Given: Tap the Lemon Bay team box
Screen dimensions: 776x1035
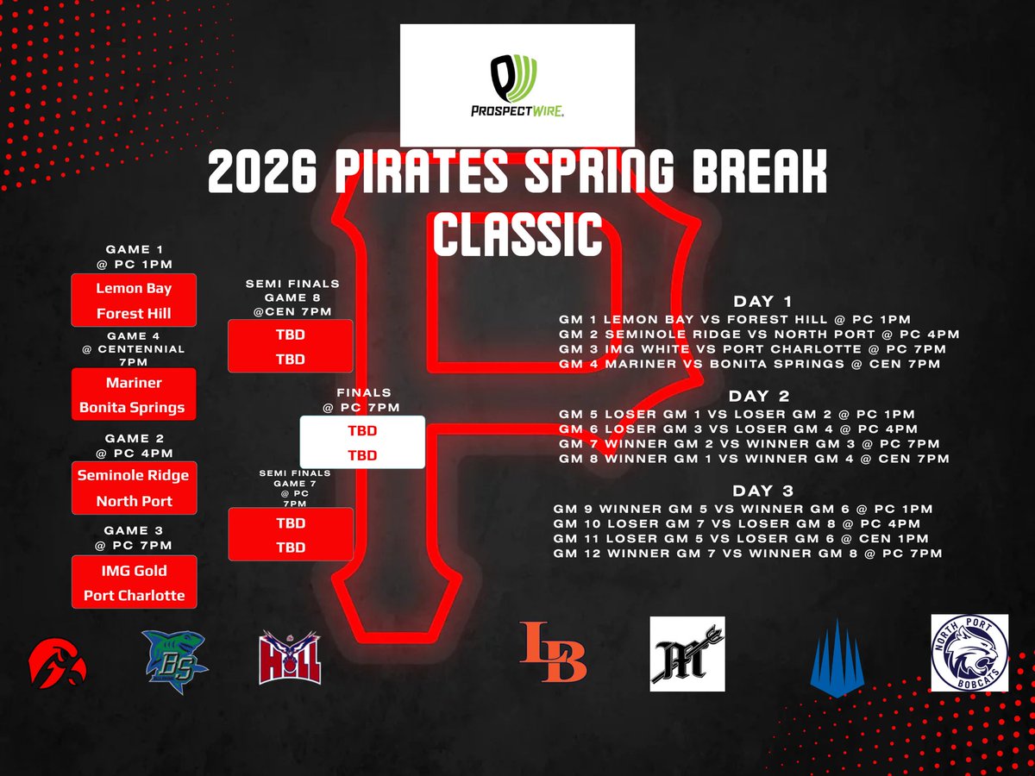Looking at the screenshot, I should click(134, 288).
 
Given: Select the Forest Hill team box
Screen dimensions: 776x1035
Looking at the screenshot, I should click(134, 314).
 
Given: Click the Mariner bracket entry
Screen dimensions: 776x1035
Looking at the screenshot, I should click(134, 382).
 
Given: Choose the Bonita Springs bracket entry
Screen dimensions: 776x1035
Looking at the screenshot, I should click(134, 407).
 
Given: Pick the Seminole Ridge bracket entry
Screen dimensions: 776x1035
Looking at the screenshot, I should click(134, 475).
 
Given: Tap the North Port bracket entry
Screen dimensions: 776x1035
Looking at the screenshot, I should click(134, 501).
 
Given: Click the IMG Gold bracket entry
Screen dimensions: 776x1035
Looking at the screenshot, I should click(134, 570).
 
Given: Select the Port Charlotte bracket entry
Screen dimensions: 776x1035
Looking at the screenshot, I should click(134, 595).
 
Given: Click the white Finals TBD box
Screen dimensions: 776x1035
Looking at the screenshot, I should click(362, 442).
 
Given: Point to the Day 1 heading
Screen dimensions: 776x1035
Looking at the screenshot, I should click(762, 302).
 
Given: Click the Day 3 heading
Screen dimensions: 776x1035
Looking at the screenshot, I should click(762, 491).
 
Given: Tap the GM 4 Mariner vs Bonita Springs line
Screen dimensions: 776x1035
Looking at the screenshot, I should click(749, 365).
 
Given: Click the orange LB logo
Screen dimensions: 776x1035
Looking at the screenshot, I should click(553, 652).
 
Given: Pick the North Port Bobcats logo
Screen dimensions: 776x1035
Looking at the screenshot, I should click(969, 653).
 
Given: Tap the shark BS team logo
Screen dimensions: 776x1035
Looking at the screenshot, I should click(176, 656).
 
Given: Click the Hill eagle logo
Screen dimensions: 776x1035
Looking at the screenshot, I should click(291, 658).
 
